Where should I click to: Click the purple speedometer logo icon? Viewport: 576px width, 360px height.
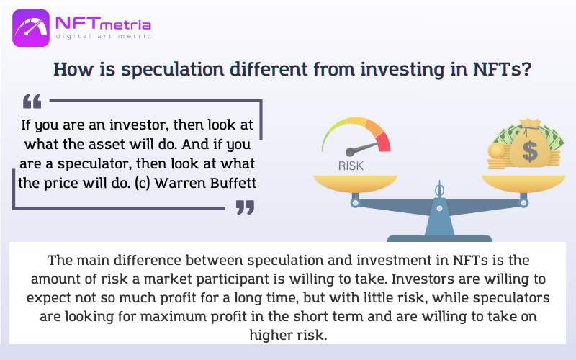coord(31,28)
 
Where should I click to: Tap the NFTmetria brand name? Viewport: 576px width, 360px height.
coord(103,24)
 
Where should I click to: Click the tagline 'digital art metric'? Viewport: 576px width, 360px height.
coord(103,36)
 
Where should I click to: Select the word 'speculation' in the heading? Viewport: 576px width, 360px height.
coord(173,69)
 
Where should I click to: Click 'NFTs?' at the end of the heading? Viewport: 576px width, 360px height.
coord(502,68)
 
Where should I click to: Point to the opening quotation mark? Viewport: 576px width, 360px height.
coord(32,102)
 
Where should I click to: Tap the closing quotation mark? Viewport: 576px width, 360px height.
coord(245,207)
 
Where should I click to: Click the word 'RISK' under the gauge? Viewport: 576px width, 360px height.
coord(351,166)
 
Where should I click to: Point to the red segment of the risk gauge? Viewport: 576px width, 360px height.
coord(384,142)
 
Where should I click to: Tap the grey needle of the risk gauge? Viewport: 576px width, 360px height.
coord(362,148)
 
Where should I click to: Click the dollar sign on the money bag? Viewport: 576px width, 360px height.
coord(530,152)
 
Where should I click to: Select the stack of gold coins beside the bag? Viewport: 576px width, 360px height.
coord(498,156)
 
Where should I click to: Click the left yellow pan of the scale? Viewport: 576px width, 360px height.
coord(355,184)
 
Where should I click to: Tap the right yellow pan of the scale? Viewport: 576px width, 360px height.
coord(523,184)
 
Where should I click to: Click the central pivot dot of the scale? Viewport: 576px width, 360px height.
coord(439,208)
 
